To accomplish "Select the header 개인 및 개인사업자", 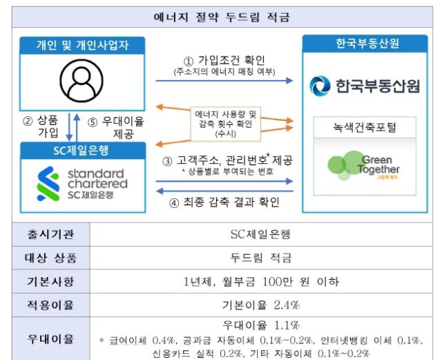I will point(82,46).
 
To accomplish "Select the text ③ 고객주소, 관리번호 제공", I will point(227,160).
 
